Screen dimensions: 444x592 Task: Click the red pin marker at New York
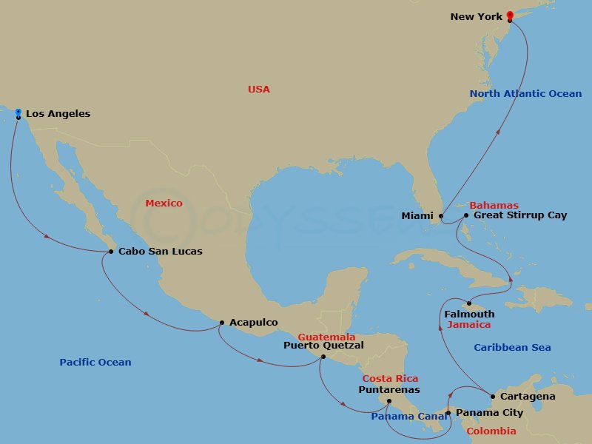click(x=510, y=15)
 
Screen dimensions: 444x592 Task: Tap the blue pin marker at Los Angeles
click(x=18, y=113)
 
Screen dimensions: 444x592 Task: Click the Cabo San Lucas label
click(x=160, y=252)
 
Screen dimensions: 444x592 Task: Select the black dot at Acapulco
click(x=222, y=323)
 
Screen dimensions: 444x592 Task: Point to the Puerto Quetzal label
click(x=324, y=345)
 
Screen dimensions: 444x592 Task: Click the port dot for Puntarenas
click(x=388, y=401)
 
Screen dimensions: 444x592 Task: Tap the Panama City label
click(x=489, y=413)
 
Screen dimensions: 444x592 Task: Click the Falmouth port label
click(x=469, y=314)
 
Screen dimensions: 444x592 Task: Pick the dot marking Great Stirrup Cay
click(x=465, y=215)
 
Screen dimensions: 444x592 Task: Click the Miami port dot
click(x=441, y=216)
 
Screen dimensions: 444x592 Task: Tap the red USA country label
click(x=259, y=90)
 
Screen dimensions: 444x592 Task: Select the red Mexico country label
click(x=164, y=203)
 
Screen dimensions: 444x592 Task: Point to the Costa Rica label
click(x=391, y=379)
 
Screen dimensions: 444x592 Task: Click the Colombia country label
click(x=491, y=431)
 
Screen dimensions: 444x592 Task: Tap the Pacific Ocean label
click(x=95, y=363)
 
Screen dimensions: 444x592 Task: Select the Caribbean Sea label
click(x=512, y=348)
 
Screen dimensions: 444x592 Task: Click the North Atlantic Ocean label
click(x=525, y=94)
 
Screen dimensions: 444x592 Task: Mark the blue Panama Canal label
click(x=409, y=417)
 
